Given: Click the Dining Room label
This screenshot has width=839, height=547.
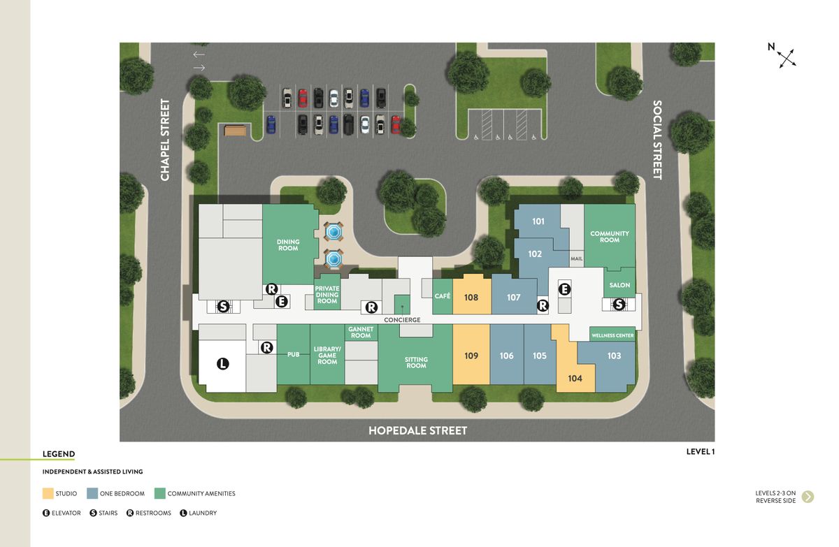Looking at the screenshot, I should [288, 245].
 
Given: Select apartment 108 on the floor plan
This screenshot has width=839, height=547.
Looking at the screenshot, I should [471, 298].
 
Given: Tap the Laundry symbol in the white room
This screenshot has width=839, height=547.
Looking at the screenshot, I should [222, 363].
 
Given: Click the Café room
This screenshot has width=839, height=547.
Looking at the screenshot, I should [443, 296].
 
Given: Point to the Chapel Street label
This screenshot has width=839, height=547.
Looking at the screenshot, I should [165, 140].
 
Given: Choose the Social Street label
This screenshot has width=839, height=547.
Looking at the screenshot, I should [657, 140].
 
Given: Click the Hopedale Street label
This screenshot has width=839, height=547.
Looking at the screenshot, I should [417, 430].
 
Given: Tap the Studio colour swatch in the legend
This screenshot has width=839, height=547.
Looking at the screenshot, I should [48, 494].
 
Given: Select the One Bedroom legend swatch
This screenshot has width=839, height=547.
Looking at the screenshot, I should [92, 494].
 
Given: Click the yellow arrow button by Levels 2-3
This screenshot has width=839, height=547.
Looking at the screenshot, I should [808, 497].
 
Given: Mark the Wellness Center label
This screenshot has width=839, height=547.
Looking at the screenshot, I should [612, 335].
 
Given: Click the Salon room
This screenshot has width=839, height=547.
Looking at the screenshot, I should [619, 285].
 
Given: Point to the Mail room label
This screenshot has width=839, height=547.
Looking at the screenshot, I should [576, 258].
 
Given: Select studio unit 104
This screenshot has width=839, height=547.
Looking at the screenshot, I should [575, 378].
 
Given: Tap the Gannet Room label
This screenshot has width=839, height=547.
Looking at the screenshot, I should [361, 332].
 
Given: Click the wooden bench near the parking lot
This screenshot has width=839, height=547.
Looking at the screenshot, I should [236, 130].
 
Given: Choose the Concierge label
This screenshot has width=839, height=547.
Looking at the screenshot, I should [402, 320].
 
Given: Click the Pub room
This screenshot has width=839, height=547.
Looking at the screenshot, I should [293, 355].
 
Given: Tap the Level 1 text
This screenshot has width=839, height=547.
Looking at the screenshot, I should [700, 451].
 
